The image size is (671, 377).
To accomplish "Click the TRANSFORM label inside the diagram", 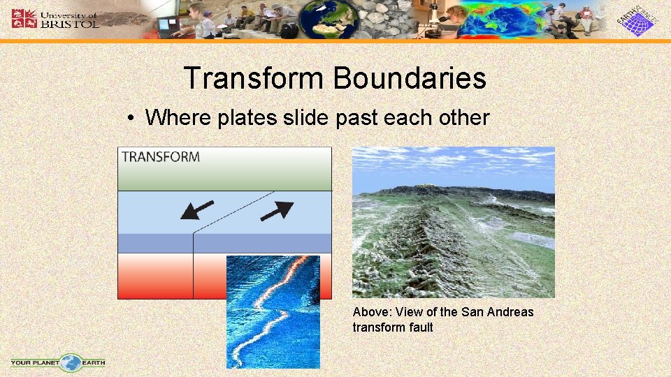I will point(161,156).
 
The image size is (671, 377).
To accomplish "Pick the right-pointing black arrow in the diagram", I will point(277,209).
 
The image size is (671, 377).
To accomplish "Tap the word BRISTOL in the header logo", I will point(70,23).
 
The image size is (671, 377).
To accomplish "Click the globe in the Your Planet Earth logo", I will point(71,362).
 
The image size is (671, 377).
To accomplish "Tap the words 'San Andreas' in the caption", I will point(497,312).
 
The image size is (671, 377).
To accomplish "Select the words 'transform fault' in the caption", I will point(393,327).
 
